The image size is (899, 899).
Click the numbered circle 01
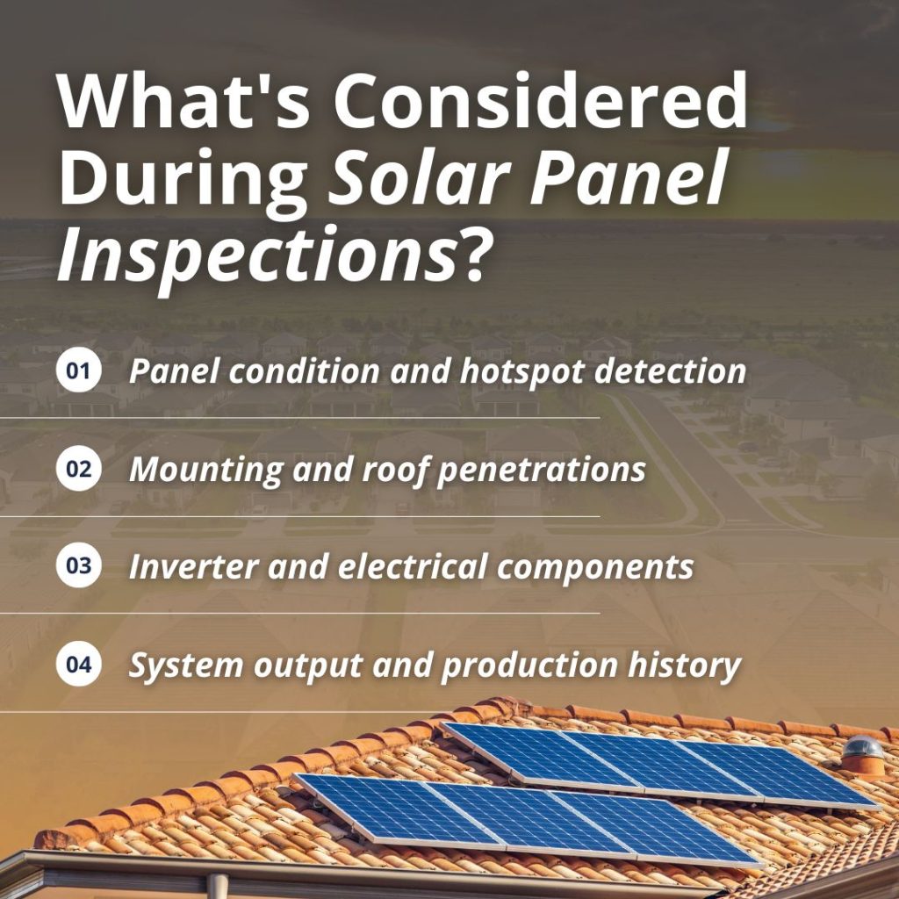79,371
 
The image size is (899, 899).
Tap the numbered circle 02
79,469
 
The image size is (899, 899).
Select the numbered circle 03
79,566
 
